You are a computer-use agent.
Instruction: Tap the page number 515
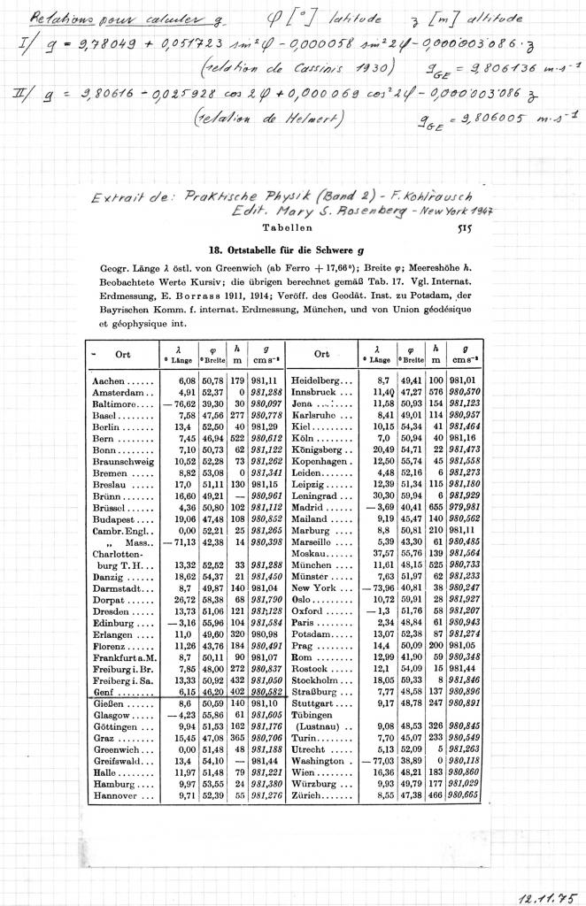point(462,228)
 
